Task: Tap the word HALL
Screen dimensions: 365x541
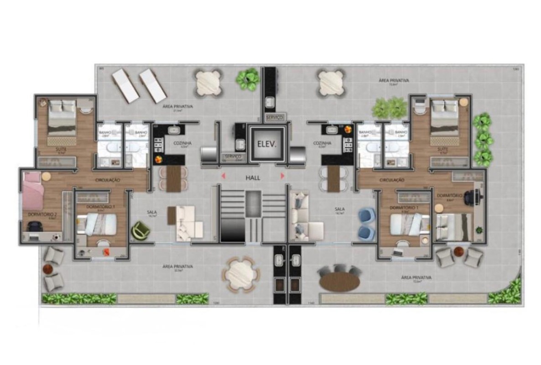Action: (252, 178)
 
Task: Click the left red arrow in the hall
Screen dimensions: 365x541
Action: (223, 175)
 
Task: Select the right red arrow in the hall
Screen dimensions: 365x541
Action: (283, 175)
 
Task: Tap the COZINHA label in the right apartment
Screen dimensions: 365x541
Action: (322, 143)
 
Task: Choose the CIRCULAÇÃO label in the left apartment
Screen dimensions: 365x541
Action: (108, 180)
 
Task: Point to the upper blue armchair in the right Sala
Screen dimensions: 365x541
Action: (366, 215)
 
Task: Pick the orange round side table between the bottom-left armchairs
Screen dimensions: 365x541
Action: (48, 269)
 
